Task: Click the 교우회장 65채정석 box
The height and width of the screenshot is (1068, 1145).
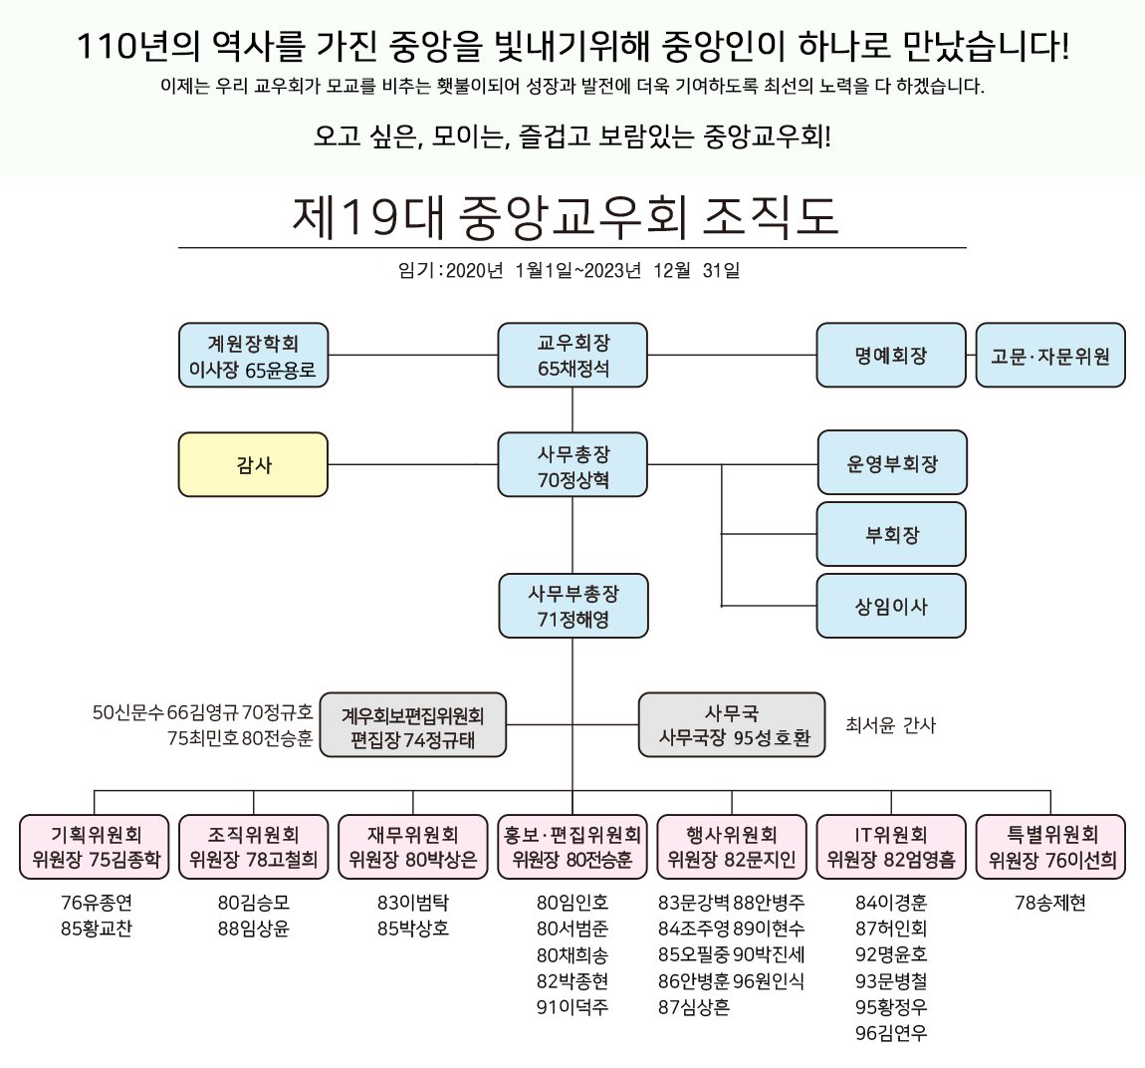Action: [572, 356]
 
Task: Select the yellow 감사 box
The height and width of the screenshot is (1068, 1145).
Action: [253, 464]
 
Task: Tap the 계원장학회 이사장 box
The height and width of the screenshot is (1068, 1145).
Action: [253, 356]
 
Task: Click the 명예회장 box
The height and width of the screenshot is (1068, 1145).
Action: [891, 356]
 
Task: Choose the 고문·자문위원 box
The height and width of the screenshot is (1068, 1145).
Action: [1050, 356]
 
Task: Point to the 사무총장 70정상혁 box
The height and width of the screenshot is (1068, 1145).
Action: [572, 465]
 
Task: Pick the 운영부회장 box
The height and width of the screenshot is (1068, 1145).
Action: [892, 463]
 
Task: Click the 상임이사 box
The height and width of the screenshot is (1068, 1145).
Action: [891, 606]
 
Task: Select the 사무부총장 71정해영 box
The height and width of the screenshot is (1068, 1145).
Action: [572, 606]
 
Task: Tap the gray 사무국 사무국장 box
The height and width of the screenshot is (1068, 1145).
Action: [732, 725]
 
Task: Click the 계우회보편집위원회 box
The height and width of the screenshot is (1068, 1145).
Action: [412, 726]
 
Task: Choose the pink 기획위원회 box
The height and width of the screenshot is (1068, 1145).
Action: [95, 847]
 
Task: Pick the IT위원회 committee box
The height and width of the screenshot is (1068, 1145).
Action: [891, 847]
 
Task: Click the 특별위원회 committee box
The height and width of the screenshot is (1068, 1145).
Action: [1050, 847]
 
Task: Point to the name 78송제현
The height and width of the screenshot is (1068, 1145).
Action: [1050, 903]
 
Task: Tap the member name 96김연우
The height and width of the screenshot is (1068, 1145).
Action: [891, 1033]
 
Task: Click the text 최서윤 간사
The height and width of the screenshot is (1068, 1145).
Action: [890, 725]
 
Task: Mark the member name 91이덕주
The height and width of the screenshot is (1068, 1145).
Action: [572, 1007]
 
